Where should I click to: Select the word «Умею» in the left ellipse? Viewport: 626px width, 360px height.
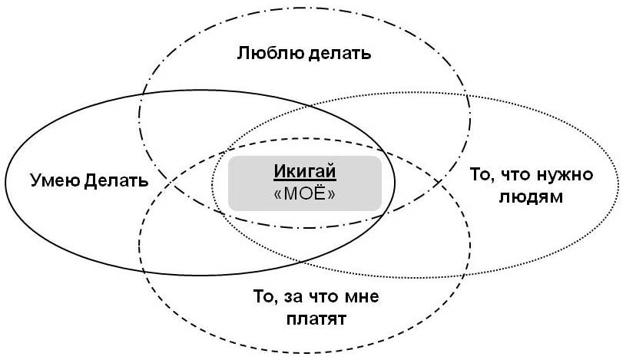pyautogui.click(x=55, y=180)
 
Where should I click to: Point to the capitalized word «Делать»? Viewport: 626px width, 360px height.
pyautogui.click(x=116, y=181)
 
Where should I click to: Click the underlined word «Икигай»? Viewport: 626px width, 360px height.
pyautogui.click(x=305, y=172)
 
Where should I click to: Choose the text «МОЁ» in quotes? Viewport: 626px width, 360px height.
pyautogui.click(x=305, y=194)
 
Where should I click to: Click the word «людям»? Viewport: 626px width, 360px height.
pyautogui.click(x=531, y=197)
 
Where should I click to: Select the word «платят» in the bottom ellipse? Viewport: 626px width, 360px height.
pyautogui.click(x=316, y=319)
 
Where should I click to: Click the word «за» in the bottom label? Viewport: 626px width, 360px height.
pyautogui.click(x=292, y=297)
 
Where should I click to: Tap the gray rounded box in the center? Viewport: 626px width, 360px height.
pyautogui.click(x=305, y=183)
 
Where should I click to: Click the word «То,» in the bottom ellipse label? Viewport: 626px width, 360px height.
pyautogui.click(x=266, y=297)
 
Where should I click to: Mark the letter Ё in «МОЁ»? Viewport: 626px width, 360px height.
pyautogui.click(x=321, y=193)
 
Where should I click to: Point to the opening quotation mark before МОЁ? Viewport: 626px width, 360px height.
pyautogui.click(x=278, y=195)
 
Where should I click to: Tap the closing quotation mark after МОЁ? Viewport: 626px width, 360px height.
pyautogui.click(x=332, y=195)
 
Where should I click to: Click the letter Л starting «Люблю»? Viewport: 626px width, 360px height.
pyautogui.click(x=244, y=54)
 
